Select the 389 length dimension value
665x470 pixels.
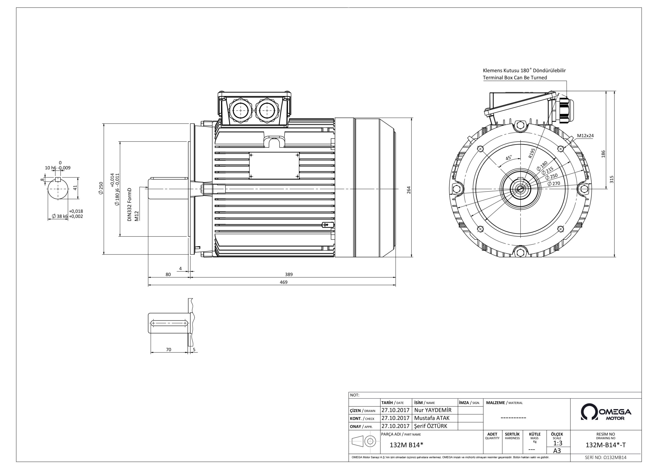tap(289, 274)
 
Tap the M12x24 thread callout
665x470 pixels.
tap(585, 136)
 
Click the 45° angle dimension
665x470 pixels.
tap(509, 158)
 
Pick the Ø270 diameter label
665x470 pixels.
tap(554, 183)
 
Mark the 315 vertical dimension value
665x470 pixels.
tap(611, 179)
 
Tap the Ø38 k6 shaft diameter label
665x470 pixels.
tap(60, 216)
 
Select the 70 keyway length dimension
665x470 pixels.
tap(169, 350)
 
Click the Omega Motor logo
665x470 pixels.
tap(606, 412)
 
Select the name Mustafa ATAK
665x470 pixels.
tap(431, 418)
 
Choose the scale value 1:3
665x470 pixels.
tap(557, 443)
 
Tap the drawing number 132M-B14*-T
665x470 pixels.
tap(605, 445)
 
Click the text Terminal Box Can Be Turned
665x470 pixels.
tap(515, 78)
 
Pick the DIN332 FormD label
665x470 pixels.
tap(129, 204)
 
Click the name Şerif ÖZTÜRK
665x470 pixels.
tap(431, 426)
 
